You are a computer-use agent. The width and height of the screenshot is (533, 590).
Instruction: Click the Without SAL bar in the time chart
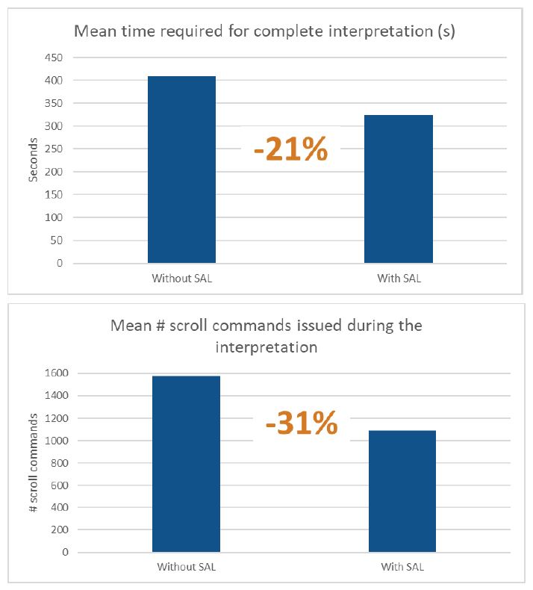(x=181, y=170)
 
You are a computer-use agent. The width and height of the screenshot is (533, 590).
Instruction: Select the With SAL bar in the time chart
(x=398, y=189)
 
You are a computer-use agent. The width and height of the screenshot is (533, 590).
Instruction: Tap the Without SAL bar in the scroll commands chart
(x=186, y=464)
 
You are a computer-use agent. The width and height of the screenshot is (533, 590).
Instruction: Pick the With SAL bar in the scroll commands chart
(x=402, y=491)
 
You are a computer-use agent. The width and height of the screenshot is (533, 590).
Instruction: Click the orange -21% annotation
(x=290, y=150)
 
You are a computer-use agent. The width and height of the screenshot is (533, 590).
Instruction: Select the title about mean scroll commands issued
(x=266, y=336)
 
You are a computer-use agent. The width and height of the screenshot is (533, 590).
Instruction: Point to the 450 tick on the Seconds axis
(x=55, y=58)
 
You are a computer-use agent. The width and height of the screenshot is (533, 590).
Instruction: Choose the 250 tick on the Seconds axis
(x=55, y=149)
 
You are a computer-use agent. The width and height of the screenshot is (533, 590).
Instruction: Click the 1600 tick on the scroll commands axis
(x=54, y=373)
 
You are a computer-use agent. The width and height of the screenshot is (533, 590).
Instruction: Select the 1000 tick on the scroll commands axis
(x=54, y=441)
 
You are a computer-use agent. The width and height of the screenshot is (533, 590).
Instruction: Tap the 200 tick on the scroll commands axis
(x=57, y=530)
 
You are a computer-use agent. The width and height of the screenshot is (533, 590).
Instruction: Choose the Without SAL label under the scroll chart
(x=186, y=566)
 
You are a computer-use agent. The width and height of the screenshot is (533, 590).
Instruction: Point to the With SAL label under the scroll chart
(x=402, y=566)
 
